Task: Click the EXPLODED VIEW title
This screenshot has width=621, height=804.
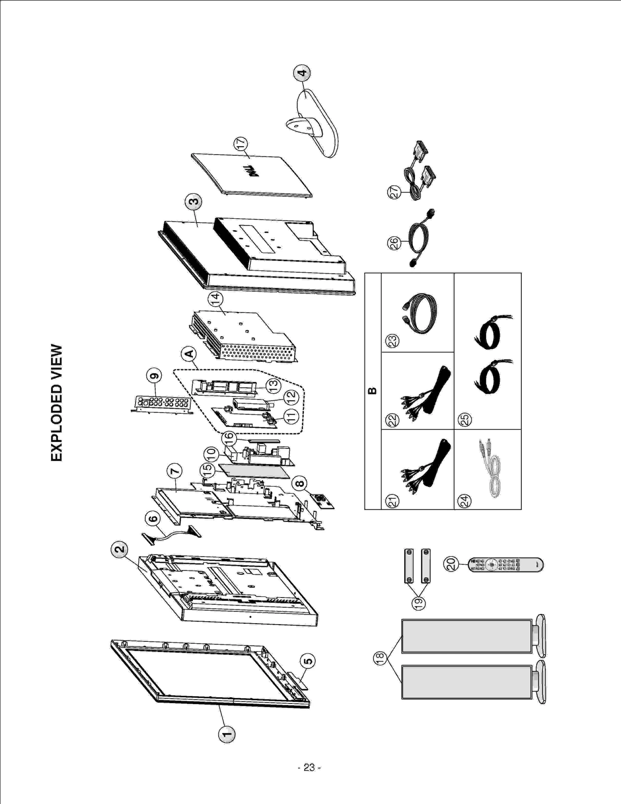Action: coord(57,403)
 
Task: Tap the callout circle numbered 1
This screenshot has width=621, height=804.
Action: coord(227,734)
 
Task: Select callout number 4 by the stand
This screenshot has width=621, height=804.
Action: coord(302,73)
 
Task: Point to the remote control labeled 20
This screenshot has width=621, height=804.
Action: coord(506,564)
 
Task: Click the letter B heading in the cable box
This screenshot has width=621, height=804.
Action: coord(372,391)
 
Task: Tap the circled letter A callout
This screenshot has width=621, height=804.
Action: coord(189,353)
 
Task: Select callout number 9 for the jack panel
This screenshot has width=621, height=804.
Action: coord(154,375)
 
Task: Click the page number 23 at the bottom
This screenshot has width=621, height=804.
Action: coord(309,768)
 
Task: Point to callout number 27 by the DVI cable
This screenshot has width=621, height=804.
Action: coord(395,192)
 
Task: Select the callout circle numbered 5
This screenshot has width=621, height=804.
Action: coord(307,661)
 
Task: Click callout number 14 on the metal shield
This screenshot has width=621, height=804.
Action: coord(215,299)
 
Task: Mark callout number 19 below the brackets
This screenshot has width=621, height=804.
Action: coord(418,603)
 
